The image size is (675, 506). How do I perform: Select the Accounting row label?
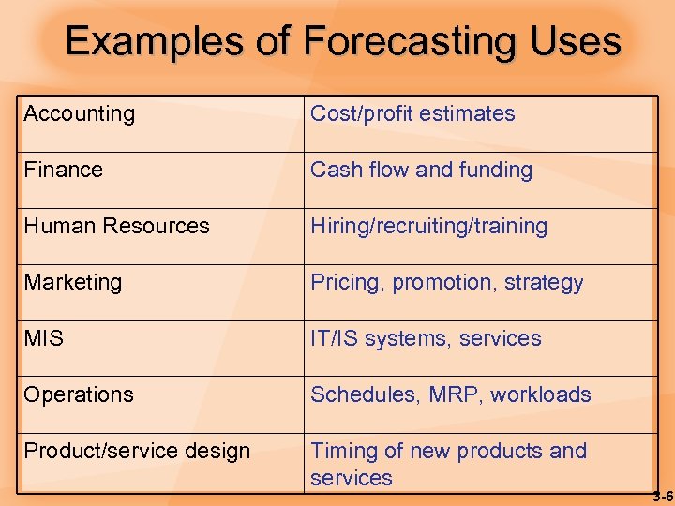80,114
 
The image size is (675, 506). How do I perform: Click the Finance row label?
64,171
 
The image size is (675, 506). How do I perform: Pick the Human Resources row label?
117,227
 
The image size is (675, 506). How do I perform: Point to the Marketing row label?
73,283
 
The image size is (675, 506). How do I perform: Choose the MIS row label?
44,339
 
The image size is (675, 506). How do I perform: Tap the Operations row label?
79,395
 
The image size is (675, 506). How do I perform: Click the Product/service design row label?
137,452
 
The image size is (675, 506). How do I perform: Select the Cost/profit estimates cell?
412,114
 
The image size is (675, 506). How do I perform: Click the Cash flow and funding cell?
421,171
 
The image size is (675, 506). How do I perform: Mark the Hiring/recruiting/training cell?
428,227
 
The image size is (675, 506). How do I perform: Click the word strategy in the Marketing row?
544,283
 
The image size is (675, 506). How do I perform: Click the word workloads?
540,394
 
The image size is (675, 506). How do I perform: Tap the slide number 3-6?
663,495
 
